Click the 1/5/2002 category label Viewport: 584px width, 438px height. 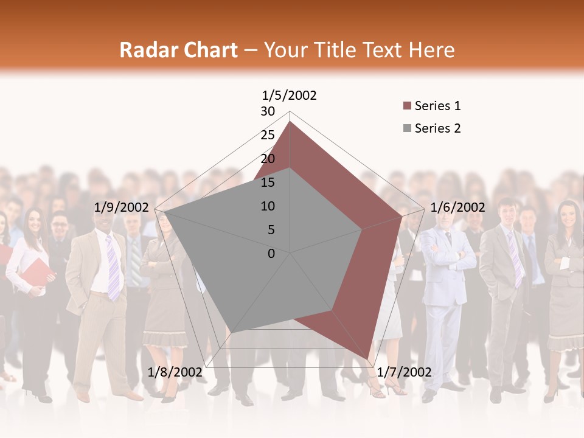(289, 96)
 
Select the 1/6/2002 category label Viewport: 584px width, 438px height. (457, 207)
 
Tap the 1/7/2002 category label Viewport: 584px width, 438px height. (404, 372)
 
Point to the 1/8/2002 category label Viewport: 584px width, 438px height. (175, 372)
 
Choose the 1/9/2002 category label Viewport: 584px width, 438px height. (122, 207)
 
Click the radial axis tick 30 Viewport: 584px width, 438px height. (268, 111)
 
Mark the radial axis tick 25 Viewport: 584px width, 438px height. (268, 135)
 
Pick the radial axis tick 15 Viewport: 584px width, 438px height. (268, 182)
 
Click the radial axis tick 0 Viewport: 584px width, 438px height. (271, 254)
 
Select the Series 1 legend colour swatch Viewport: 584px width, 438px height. (407, 106)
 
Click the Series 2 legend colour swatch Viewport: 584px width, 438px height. (407, 129)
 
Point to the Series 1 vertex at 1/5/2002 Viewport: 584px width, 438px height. (290, 122)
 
